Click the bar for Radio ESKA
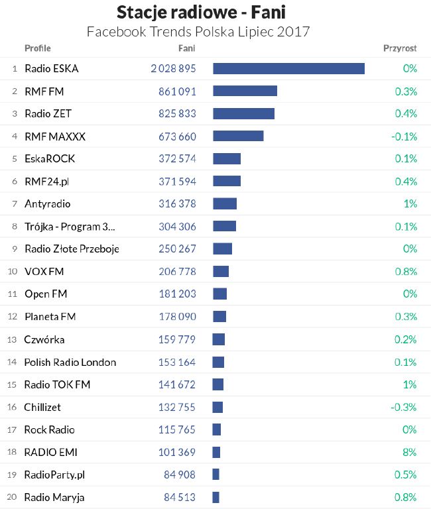click(288, 68)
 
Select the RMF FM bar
click(245, 91)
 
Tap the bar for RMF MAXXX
click(238, 136)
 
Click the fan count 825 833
click(177, 113)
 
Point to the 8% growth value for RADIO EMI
click(409, 452)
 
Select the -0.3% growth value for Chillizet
click(405, 407)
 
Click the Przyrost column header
click(400, 48)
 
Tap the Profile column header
click(37, 48)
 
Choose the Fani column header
click(186, 48)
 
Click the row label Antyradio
click(47, 203)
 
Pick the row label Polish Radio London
click(70, 362)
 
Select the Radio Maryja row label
click(54, 497)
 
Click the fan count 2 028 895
click(173, 68)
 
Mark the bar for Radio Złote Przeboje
click(222, 249)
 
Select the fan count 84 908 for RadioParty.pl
click(180, 475)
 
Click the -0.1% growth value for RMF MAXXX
click(404, 136)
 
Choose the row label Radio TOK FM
click(57, 384)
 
